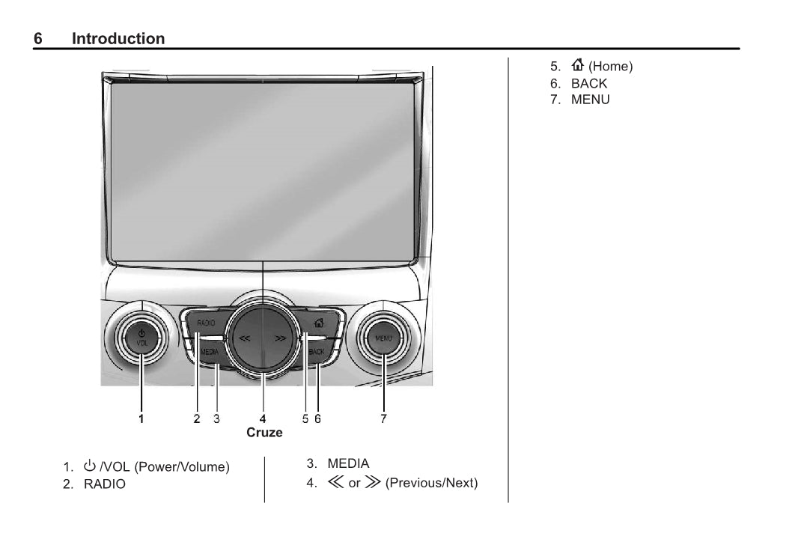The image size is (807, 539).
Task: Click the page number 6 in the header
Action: pos(38,39)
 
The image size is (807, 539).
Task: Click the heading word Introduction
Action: pos(118,39)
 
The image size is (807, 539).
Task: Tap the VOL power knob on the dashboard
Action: pos(141,338)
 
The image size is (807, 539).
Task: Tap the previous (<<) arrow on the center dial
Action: pos(245,338)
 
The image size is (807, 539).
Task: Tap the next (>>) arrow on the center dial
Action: pos(281,338)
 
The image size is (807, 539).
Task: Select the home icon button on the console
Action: pos(319,323)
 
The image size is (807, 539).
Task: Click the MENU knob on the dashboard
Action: pos(383,338)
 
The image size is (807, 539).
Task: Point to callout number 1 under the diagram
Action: pos(141,419)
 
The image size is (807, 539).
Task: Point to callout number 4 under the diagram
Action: pos(263,419)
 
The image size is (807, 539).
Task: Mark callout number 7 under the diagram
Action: pos(383,419)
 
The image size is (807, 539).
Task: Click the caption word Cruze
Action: pos(264,433)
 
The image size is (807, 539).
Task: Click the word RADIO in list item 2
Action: pos(105,484)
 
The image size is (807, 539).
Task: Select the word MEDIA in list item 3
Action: pos(348,464)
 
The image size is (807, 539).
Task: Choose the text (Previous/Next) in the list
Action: pos(431,483)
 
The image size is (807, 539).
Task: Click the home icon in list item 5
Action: pos(577,66)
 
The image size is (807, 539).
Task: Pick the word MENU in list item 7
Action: pos(590,100)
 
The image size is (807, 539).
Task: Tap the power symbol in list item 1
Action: pos(90,466)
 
